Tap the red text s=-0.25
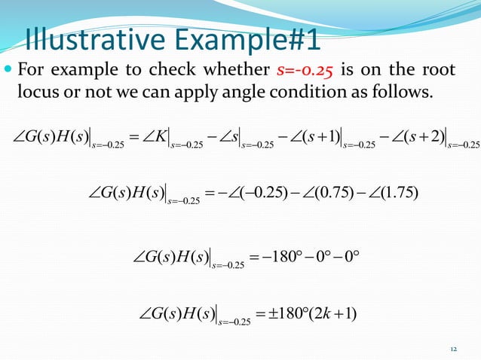pyautogui.click(x=305, y=71)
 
